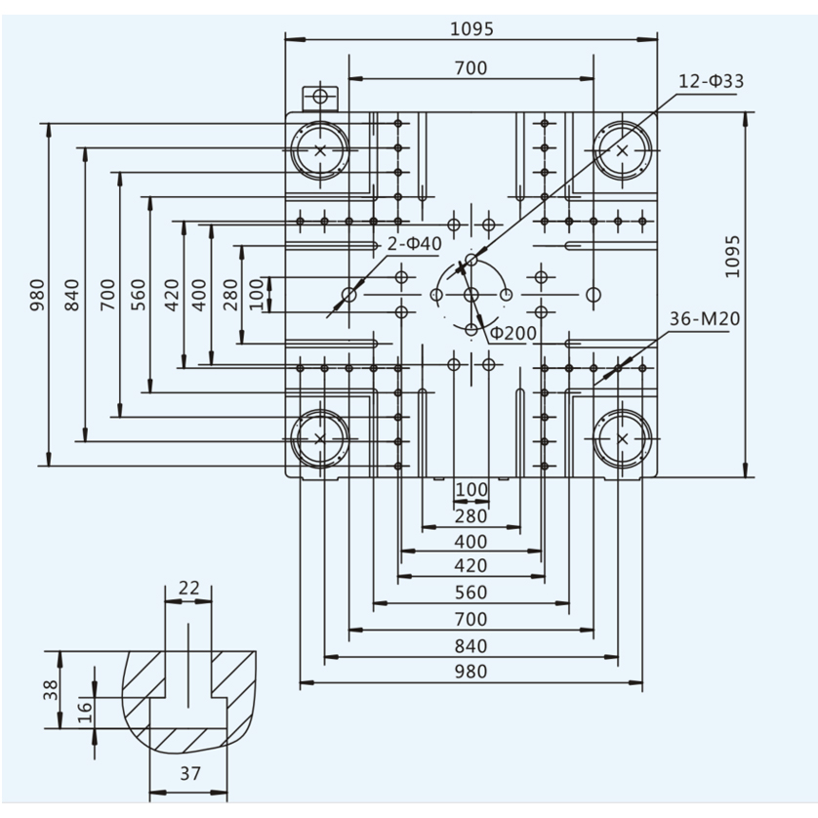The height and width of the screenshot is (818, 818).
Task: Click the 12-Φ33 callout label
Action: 711,81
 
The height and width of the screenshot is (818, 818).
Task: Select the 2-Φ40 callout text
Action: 415,244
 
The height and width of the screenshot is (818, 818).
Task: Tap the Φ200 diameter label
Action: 513,333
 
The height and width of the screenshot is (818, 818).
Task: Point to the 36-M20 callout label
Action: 705,318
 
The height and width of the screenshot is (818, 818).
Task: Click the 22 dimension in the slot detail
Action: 188,588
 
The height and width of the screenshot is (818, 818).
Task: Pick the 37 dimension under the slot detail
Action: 190,773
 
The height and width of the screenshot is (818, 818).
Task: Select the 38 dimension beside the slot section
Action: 51,690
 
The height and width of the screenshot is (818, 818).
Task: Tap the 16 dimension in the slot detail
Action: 85,713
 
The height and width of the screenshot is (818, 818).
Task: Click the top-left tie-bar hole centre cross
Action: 320,150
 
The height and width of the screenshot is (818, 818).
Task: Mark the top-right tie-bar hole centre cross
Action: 623,150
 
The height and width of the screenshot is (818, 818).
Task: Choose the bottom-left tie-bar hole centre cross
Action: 320,438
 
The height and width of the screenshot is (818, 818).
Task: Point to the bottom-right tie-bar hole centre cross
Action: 623,438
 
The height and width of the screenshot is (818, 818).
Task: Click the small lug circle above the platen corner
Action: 320,96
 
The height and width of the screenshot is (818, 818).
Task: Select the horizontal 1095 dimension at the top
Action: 471,28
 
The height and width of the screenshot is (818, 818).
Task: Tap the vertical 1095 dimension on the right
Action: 732,257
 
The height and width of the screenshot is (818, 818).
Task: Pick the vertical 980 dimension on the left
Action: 37,295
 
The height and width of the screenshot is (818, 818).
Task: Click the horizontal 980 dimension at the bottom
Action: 471,672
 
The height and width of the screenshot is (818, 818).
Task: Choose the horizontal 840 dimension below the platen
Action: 471,646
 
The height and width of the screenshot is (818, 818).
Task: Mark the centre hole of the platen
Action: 471,295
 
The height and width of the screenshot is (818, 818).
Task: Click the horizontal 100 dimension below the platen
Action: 471,489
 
